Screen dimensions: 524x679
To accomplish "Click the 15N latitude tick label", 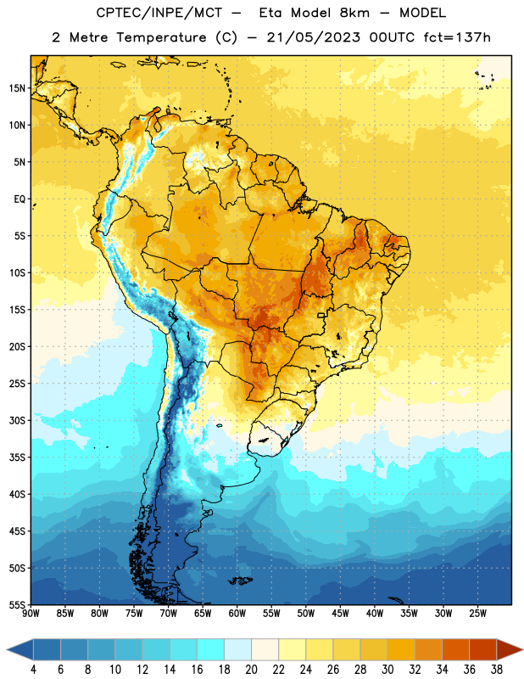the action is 16,88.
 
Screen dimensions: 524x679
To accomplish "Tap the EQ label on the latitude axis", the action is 20,199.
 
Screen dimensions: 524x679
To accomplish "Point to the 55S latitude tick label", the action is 16,604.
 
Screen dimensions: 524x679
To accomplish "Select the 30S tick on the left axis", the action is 16,420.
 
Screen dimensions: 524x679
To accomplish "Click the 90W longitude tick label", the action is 31,613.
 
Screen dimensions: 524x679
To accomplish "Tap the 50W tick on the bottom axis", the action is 306,613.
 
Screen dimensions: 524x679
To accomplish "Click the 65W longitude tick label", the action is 203,613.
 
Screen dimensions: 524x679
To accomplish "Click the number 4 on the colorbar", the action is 33,670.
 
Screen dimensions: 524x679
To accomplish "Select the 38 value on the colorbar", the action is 496,670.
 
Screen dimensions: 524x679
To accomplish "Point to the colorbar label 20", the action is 251,670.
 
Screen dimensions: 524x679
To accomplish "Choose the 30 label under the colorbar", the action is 387,670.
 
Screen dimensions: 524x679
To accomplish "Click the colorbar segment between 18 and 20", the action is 237,649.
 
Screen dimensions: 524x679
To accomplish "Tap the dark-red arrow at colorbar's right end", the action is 509,649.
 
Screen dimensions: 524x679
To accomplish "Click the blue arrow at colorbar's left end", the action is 20,649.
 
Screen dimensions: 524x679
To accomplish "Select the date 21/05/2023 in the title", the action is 313,37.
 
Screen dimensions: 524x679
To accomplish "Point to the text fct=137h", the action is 457,37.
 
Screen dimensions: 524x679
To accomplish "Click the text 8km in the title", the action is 354,13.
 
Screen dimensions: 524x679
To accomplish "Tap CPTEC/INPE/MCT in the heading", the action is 159,13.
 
